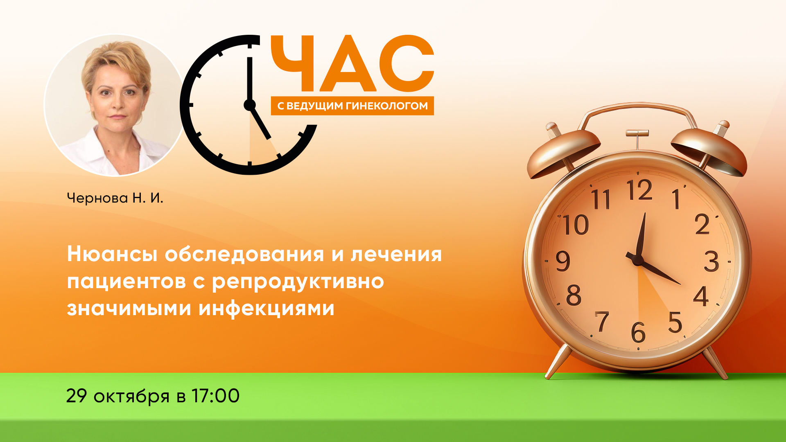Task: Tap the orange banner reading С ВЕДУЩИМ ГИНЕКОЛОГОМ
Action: click(352, 106)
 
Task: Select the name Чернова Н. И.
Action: click(115, 198)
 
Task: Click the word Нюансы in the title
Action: click(112, 254)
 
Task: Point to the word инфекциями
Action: click(267, 308)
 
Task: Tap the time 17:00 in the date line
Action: click(215, 396)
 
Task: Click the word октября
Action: click(131, 397)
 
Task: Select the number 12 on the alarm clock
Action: click(639, 190)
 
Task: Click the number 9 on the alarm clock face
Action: click(563, 261)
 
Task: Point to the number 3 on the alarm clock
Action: click(711, 262)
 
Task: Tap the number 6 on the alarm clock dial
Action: click(638, 332)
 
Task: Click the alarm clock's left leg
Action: click(558, 361)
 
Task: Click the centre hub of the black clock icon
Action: click(249, 105)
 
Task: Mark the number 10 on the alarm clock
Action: click(575, 225)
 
